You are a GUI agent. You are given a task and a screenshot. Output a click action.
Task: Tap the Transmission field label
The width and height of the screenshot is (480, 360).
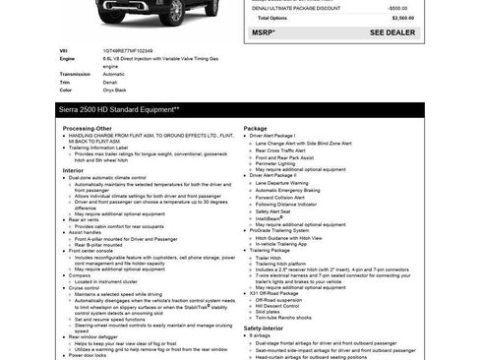point(75,74)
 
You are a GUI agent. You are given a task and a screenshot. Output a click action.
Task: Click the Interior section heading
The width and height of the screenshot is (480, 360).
point(74,169)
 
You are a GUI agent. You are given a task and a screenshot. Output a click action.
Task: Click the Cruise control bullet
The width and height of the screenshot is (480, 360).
point(88,287)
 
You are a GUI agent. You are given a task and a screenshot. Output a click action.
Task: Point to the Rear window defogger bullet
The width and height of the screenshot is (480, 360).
point(97,334)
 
